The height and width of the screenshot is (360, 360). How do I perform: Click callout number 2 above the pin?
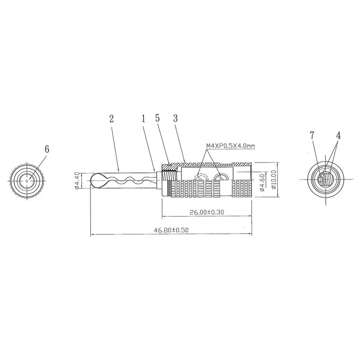click(x=112, y=119)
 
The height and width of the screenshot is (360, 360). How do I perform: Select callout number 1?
click(x=144, y=119)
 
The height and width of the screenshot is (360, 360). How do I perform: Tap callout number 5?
click(x=157, y=118)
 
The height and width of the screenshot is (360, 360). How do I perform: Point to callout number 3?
click(x=175, y=118)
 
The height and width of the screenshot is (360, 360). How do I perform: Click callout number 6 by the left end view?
click(x=47, y=149)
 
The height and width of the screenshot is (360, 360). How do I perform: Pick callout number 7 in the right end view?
click(x=311, y=136)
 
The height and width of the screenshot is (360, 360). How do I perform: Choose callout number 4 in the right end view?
click(x=338, y=136)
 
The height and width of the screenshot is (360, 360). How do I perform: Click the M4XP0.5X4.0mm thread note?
click(x=230, y=145)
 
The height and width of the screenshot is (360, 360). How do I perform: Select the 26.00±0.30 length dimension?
click(x=207, y=212)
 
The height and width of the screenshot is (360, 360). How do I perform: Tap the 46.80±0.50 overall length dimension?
click(x=171, y=230)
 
